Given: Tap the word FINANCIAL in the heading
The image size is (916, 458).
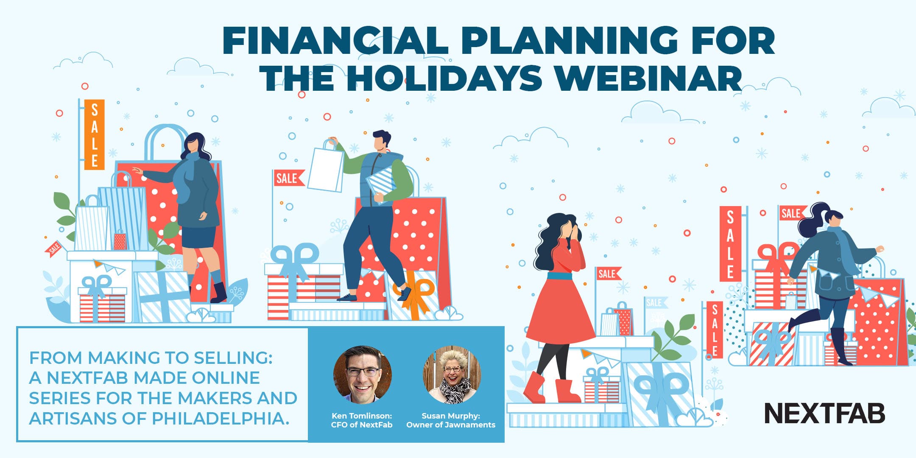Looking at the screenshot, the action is click(x=335, y=41).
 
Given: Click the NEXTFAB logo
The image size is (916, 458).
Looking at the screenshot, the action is click(x=824, y=413).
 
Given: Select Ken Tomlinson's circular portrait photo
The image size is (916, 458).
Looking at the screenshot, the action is click(x=362, y=375).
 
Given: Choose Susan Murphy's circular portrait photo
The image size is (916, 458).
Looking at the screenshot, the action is click(x=452, y=375).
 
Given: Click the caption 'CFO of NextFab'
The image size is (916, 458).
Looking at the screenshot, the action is click(x=362, y=424).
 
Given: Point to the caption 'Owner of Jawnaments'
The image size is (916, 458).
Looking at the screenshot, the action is click(x=451, y=424).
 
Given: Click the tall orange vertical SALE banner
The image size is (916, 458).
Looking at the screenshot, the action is click(x=94, y=134).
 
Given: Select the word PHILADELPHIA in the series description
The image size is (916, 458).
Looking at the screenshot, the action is click(x=221, y=419).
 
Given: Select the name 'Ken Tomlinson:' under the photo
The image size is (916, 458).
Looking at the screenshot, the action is click(x=362, y=416).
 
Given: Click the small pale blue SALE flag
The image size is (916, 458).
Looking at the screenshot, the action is click(x=656, y=302).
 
